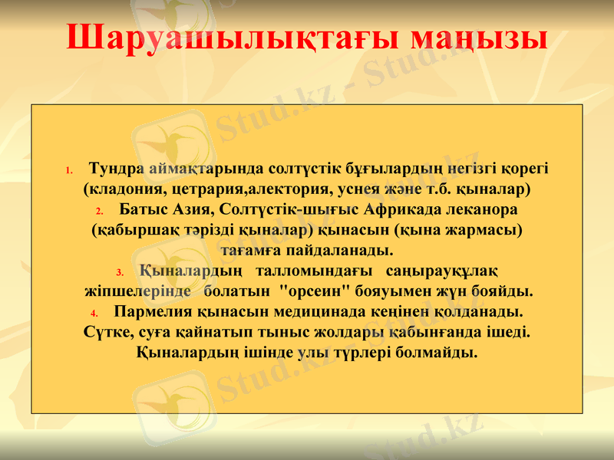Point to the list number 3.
coord(119,273)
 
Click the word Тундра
coord(117,167)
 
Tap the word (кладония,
coord(123,188)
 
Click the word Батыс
coord(144,209)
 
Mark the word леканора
coord(487,209)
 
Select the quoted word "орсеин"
coord(316,291)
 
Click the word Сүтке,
coord(107,333)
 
